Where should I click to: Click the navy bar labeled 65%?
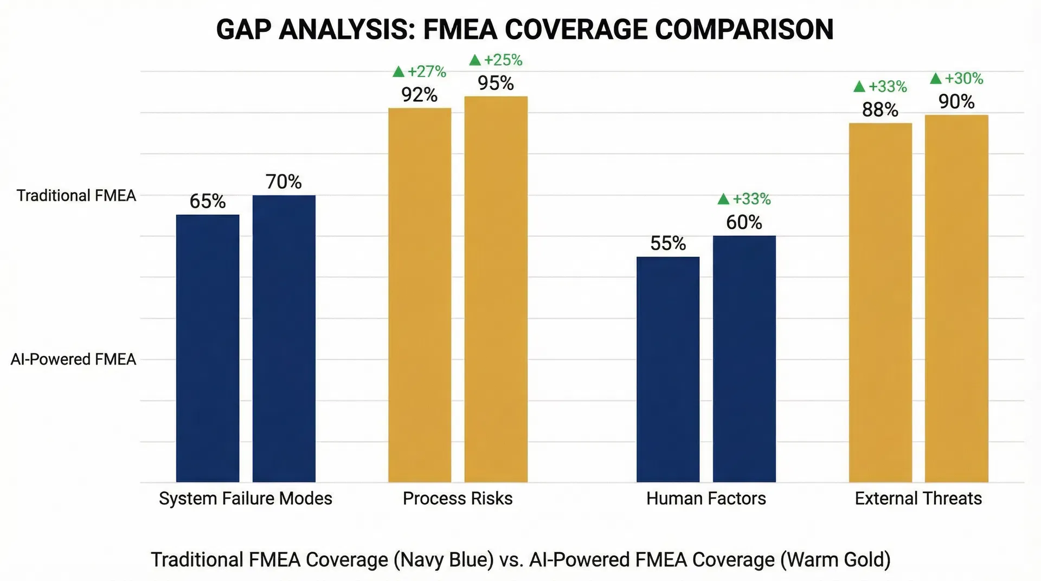[x=208, y=348]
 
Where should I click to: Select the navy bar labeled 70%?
[x=284, y=338]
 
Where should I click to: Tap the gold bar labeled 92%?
[x=420, y=295]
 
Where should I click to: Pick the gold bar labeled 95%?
[x=496, y=289]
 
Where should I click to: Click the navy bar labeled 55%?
[x=668, y=369]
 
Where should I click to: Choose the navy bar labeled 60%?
[x=744, y=358]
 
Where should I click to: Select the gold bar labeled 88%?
[x=881, y=302]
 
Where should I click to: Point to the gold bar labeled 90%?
[x=956, y=298]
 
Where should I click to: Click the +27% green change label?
[x=420, y=72]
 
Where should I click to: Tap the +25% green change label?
[x=496, y=60]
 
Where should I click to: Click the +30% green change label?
[x=957, y=79]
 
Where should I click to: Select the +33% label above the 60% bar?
[x=744, y=199]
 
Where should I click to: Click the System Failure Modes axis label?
[x=246, y=498]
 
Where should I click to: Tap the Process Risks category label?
[x=458, y=498]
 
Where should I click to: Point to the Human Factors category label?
[x=706, y=498]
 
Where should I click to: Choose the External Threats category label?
[x=918, y=498]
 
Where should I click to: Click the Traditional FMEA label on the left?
[x=76, y=196]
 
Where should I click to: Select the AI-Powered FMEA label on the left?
[x=73, y=359]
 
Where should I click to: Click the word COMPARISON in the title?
[x=744, y=29]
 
